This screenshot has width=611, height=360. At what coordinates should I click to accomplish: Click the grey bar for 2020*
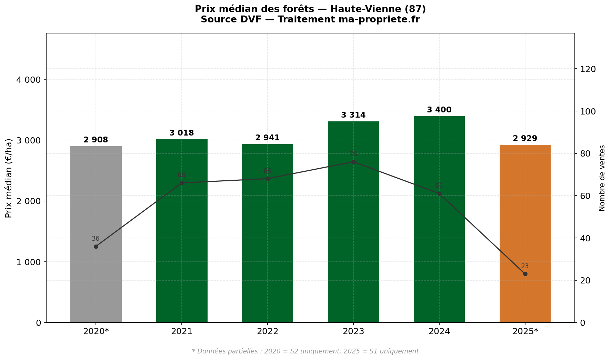(x=96, y=283)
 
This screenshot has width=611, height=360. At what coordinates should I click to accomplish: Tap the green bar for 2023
(x=353, y=241)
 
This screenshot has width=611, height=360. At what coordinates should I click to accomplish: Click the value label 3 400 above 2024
(x=439, y=110)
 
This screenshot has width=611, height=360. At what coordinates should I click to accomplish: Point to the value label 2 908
(x=96, y=140)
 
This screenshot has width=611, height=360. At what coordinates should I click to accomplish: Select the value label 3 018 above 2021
(x=182, y=133)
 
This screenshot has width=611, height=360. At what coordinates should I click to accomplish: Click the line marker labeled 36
(x=96, y=247)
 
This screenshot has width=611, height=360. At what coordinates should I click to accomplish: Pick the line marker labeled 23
(x=525, y=274)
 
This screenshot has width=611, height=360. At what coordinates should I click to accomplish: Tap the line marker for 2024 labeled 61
(x=439, y=193)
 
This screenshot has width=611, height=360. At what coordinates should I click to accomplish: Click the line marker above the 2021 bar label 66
(x=182, y=183)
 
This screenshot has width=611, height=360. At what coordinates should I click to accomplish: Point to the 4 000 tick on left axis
(x=29, y=80)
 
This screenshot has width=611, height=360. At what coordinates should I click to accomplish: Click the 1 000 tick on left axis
(x=29, y=262)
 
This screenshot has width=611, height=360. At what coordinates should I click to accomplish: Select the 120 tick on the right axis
(x=588, y=69)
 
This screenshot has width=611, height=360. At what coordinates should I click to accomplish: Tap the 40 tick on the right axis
(x=585, y=238)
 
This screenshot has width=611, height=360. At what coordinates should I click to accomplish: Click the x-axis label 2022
(x=268, y=332)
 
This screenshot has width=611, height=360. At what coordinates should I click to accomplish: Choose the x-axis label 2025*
(x=525, y=332)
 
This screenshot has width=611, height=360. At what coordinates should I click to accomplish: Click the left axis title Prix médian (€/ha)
(x=9, y=178)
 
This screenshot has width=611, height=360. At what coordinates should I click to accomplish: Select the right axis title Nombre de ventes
(x=602, y=178)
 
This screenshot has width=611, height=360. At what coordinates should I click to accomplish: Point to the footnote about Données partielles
(x=305, y=351)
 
